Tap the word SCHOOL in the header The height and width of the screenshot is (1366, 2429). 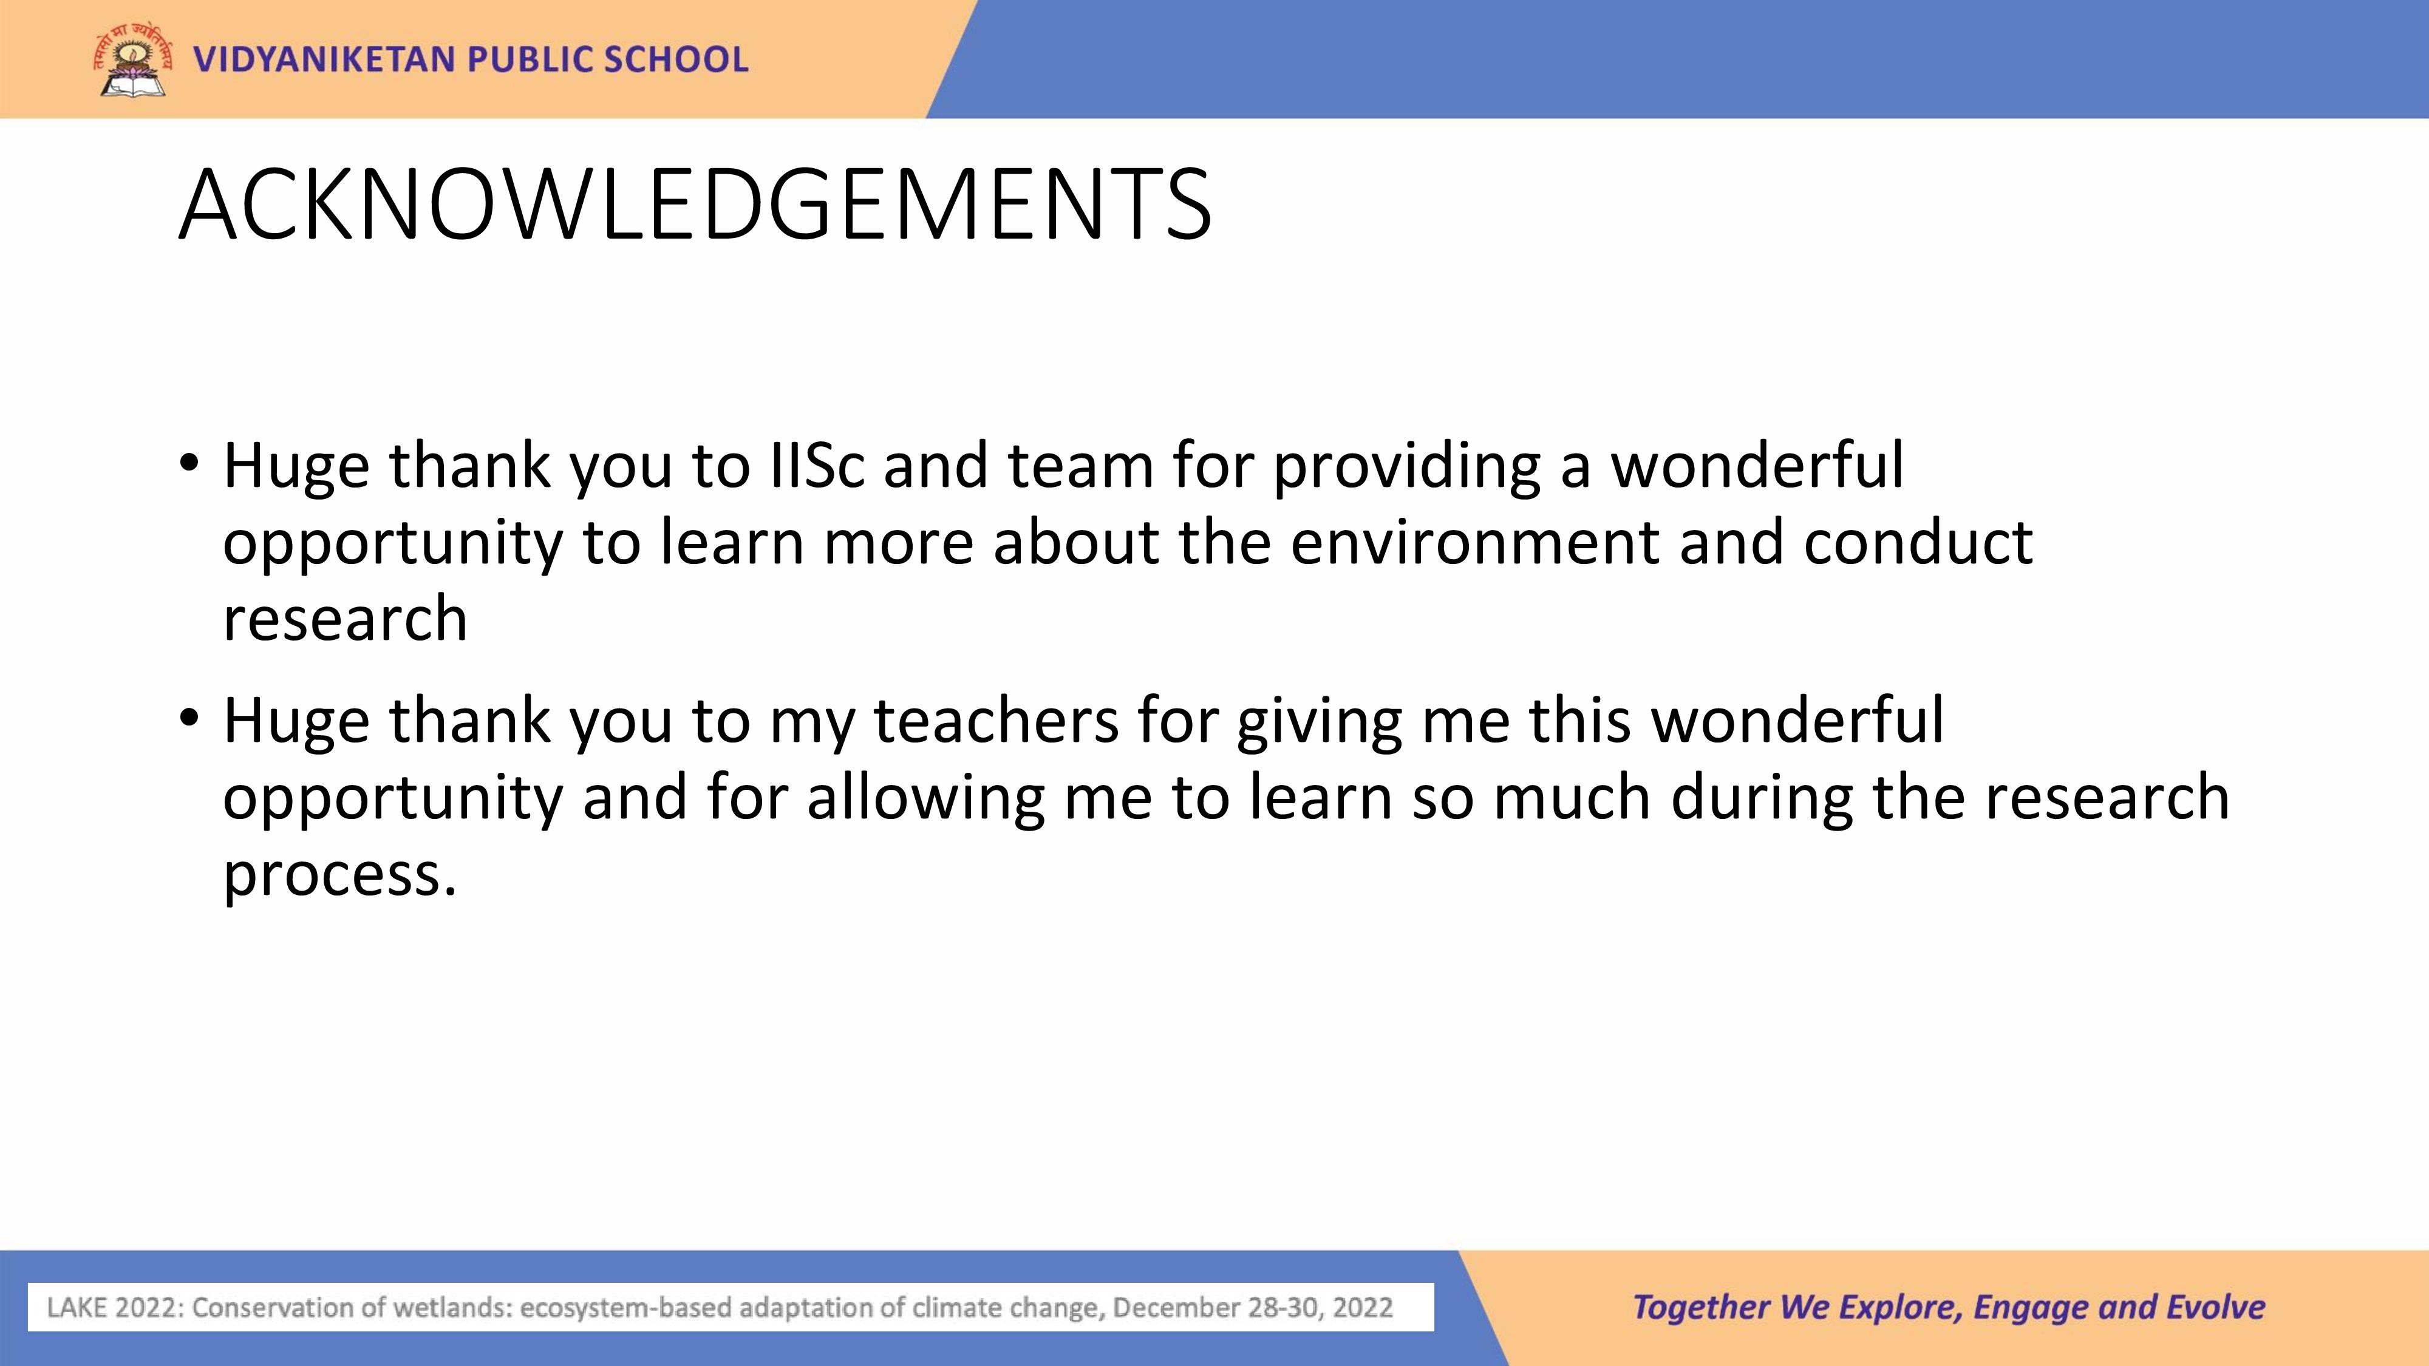pos(676,59)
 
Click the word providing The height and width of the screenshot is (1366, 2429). pos(1406,469)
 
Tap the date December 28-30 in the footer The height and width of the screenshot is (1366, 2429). pos(1211,1308)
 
